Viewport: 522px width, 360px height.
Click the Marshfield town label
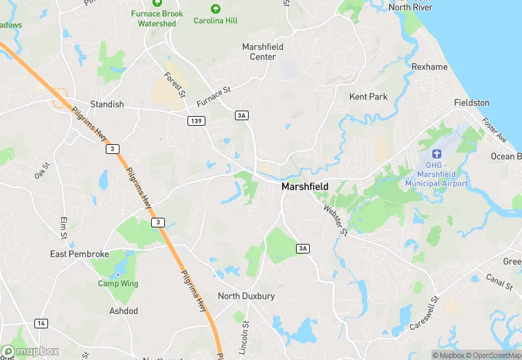[x=305, y=187]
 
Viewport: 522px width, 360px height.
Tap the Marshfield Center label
[x=263, y=52]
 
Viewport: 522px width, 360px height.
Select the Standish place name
[x=107, y=104]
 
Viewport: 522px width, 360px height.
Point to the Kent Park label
[x=368, y=97]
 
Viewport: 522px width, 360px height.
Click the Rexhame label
[x=429, y=67]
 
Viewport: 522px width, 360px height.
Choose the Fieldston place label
[x=472, y=102]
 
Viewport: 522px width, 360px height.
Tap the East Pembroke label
[x=80, y=254]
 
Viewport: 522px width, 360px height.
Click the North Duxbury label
[x=246, y=296]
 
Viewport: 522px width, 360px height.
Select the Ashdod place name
[x=124, y=311]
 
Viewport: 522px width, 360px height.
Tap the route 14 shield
[x=41, y=324]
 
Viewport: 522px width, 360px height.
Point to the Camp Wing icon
[x=117, y=275]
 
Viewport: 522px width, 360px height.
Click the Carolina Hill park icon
[x=216, y=9]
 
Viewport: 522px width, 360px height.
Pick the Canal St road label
[x=499, y=282]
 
